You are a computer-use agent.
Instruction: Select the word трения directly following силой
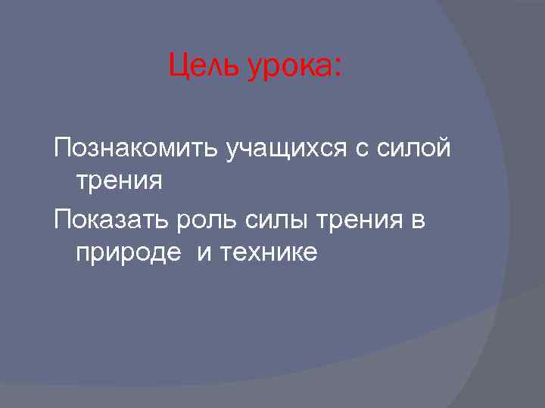coord(119,181)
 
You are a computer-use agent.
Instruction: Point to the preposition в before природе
coord(417,221)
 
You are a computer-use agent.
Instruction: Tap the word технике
coord(269,253)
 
